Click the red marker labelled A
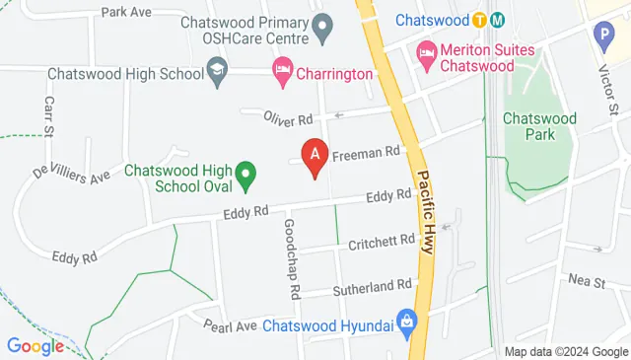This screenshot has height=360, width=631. pyautogui.click(x=315, y=156)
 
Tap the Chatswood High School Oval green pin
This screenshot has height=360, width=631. pyautogui.click(x=248, y=179)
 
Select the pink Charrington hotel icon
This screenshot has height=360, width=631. pyautogui.click(x=281, y=72)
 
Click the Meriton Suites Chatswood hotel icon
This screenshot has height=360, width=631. pyautogui.click(x=427, y=50)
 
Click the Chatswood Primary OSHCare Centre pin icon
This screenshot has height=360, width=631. pyautogui.click(x=320, y=30)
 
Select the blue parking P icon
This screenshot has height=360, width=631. pyautogui.click(x=603, y=36)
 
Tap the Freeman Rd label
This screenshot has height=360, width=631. pyautogui.click(x=367, y=153)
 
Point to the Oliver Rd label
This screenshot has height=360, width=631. pyautogui.click(x=288, y=117)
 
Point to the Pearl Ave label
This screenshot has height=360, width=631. pyautogui.click(x=230, y=324)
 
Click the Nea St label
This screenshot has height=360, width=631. pyautogui.click(x=586, y=282)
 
